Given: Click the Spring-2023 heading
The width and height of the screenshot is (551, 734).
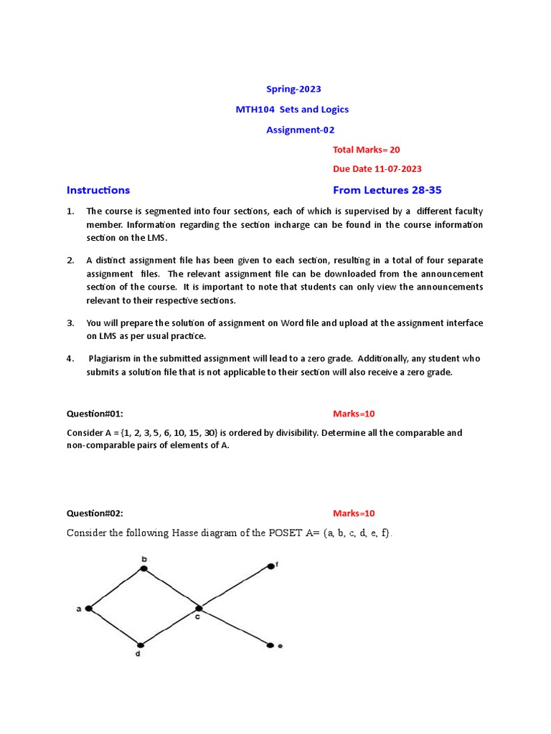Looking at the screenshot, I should click(293, 89).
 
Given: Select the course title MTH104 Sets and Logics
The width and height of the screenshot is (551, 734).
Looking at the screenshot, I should click(293, 109).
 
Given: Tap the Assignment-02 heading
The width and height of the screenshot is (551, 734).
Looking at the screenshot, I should click(300, 130).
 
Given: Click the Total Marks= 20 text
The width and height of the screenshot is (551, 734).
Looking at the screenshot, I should click(366, 149).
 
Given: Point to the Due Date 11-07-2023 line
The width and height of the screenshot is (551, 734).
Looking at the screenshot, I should click(377, 169).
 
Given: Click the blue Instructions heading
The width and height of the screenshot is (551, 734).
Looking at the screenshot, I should click(98, 190).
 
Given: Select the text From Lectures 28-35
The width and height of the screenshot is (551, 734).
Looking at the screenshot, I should click(392, 190).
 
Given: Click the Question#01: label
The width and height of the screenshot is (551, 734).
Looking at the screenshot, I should click(95, 414).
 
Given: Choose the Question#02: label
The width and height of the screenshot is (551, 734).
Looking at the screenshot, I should click(95, 513).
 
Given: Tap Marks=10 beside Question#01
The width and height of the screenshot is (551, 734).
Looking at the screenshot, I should click(354, 414).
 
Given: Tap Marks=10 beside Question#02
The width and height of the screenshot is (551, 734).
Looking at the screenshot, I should click(354, 513).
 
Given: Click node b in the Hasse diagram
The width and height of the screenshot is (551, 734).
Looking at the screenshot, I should click(143, 568).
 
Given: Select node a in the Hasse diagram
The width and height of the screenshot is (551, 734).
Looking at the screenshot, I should click(88, 609).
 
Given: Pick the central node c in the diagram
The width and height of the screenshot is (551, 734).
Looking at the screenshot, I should click(198, 609).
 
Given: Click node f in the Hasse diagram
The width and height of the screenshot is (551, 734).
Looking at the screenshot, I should click(270, 566).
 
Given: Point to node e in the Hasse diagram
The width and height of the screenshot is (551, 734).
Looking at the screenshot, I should click(270, 646).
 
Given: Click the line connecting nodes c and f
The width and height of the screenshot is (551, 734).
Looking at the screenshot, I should click(235, 587).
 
